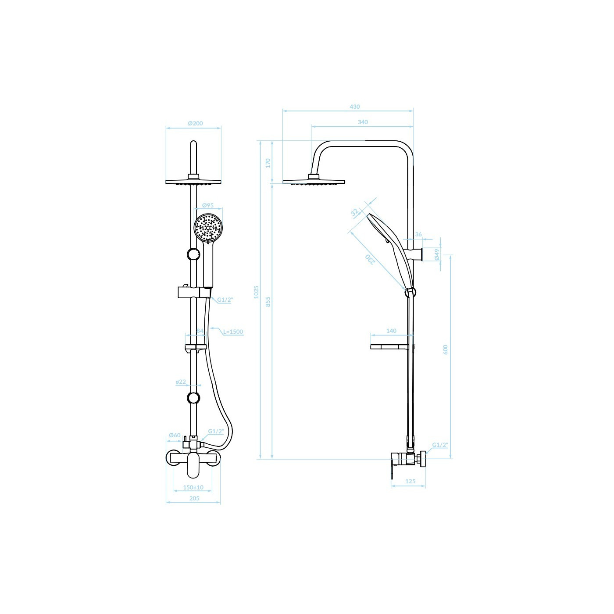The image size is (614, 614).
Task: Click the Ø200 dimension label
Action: (195, 123)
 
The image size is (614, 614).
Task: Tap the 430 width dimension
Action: (354, 107)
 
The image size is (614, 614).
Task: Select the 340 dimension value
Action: (363, 122)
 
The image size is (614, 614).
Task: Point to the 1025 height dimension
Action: (256, 292)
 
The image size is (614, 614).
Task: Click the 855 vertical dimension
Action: (268, 301)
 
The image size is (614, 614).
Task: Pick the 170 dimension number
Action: (268, 163)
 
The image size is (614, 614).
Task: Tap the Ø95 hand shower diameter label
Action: (208, 206)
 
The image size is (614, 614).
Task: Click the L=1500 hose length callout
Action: (233, 332)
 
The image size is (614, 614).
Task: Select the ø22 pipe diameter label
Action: (181, 382)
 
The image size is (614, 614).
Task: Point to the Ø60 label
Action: (175, 435)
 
